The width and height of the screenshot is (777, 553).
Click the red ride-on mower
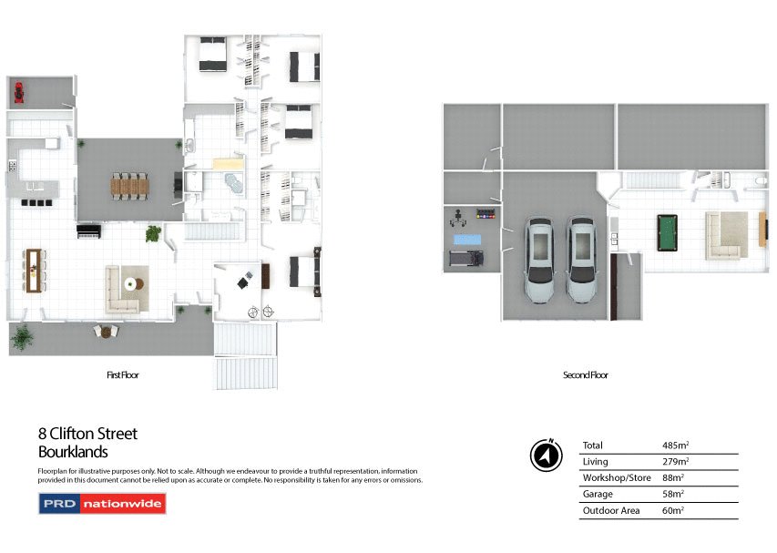pyautogui.click(x=18, y=90)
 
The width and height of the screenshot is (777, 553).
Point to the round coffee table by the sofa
pyautogui.click(x=133, y=283)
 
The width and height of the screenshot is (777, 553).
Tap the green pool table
pyautogui.click(x=670, y=232)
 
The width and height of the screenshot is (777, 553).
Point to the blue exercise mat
pyautogui.click(x=467, y=239)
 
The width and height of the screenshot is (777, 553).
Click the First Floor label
pyautogui.click(x=123, y=374)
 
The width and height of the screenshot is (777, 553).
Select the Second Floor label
pyautogui.click(x=586, y=374)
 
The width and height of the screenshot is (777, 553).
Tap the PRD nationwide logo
pyautogui.click(x=102, y=504)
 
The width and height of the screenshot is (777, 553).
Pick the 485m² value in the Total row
pyautogui.click(x=675, y=445)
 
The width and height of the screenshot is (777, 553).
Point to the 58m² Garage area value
pyautogui.click(x=673, y=495)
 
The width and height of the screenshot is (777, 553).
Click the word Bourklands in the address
pyautogui.click(x=73, y=452)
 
